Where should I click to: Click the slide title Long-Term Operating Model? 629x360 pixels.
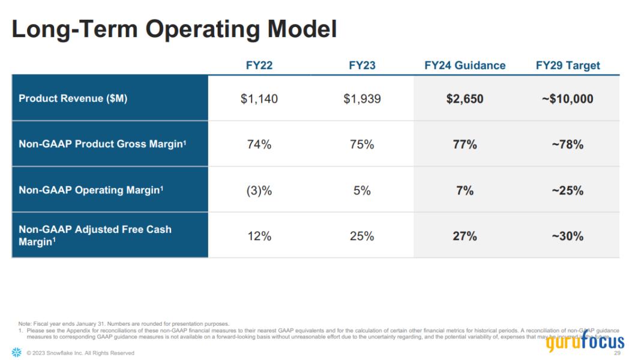pos(174,29)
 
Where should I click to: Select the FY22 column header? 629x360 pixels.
pos(259,65)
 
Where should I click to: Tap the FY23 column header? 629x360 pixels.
pos(362,65)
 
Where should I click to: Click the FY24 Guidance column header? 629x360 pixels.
pos(465,65)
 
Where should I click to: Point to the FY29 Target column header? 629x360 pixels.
pos(568,65)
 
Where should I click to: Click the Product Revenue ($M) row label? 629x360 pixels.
pos(73,98)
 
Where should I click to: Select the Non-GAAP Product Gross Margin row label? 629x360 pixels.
pos(100,144)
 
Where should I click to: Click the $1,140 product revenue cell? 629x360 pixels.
pos(259,98)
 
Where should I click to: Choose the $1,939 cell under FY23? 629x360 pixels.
pos(362,98)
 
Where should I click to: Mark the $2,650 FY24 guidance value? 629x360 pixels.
pos(465,98)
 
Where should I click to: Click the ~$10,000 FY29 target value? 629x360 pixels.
pos(568,98)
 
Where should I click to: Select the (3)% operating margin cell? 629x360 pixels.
pos(259,191)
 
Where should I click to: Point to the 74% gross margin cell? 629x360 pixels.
pos(259,145)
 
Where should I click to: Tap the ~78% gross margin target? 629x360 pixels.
pos(568,145)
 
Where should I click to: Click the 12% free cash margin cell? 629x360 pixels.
pos(259,236)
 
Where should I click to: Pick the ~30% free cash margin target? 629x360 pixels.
pos(568,236)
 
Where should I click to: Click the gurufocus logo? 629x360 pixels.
pos(585,342)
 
